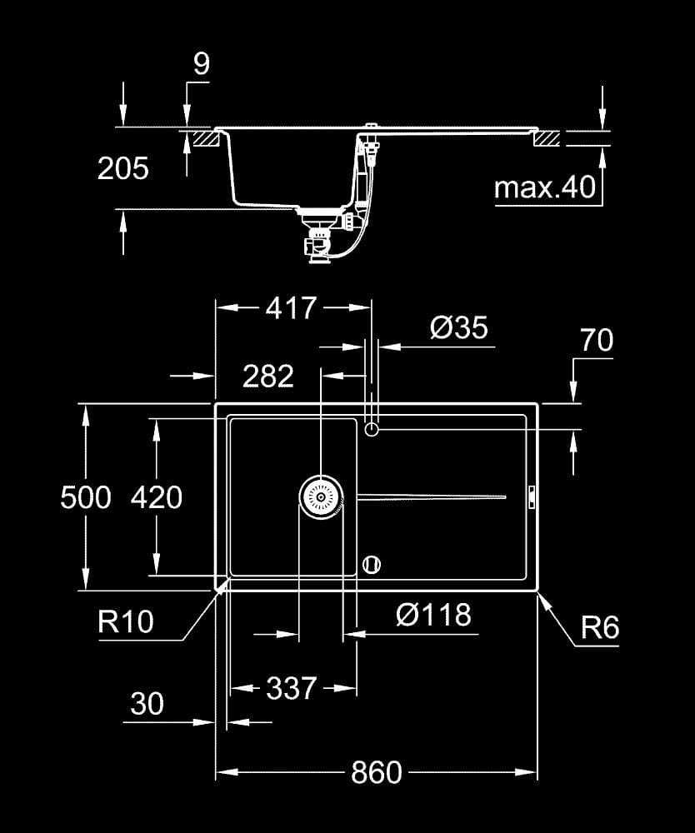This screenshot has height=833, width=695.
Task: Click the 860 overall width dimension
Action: (x=376, y=772)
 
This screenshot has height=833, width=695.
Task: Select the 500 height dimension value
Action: (x=86, y=497)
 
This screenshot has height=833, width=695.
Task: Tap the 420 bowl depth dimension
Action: (x=156, y=497)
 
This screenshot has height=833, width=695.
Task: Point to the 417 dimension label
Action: (x=291, y=307)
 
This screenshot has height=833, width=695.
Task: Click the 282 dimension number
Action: (x=267, y=377)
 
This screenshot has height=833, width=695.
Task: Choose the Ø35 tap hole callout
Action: (x=458, y=327)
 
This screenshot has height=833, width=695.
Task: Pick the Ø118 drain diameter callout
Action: (x=433, y=615)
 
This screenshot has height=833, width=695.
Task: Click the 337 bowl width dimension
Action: (x=291, y=688)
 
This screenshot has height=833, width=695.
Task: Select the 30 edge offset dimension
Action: (x=147, y=703)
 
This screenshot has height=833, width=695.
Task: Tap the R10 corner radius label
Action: (x=126, y=621)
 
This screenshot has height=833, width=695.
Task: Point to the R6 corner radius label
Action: (x=600, y=627)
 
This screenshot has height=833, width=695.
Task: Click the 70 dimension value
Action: (x=597, y=340)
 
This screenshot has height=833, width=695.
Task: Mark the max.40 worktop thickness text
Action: (x=545, y=187)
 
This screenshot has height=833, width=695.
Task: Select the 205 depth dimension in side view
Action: (x=123, y=168)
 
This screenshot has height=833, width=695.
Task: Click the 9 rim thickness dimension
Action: (x=202, y=63)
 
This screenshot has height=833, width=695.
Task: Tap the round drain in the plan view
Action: (x=321, y=497)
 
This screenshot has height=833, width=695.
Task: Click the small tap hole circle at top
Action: (x=372, y=429)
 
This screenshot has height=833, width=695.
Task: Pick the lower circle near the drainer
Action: (x=372, y=564)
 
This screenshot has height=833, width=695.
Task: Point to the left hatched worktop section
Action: (x=207, y=138)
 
